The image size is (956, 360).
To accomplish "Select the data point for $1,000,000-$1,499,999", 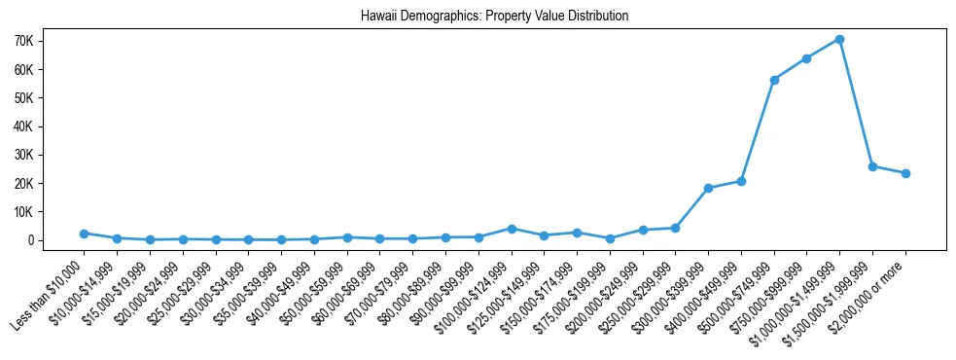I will click(x=839, y=39).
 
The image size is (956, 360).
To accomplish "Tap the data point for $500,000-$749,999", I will click(x=774, y=80).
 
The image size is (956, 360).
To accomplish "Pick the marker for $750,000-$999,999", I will click(x=806, y=58).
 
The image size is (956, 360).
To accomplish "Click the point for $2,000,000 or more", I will click(x=905, y=173).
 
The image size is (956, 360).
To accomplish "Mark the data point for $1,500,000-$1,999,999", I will click(x=872, y=166).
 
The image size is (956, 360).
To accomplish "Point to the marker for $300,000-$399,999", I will click(x=708, y=188).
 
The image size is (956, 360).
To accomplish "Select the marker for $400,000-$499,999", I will click(x=741, y=181).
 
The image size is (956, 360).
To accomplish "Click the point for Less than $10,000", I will click(x=84, y=234).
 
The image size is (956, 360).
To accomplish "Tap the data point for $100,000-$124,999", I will click(x=512, y=229).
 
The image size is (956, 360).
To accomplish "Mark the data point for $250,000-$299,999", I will click(x=675, y=228).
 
